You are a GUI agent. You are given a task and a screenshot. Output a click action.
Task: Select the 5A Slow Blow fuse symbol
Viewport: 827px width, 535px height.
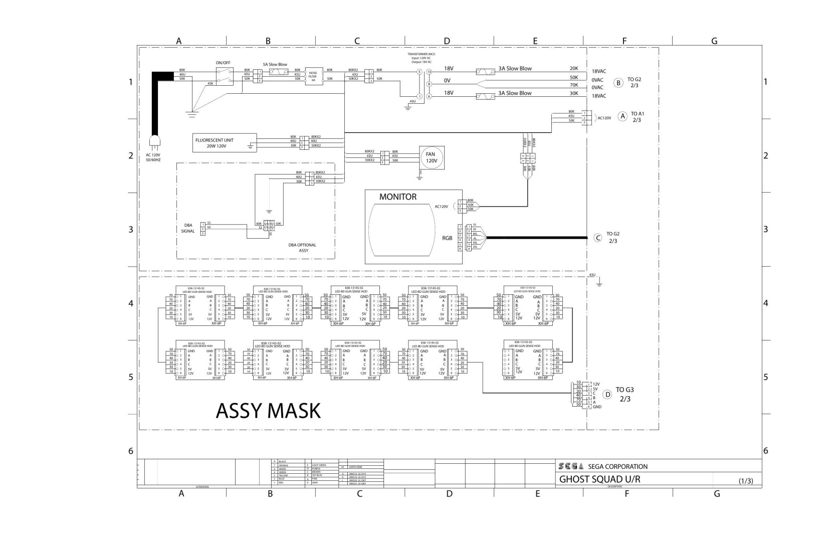pyautogui.click(x=277, y=73)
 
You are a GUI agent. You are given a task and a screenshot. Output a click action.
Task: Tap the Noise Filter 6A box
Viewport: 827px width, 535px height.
pyautogui.click(x=313, y=76)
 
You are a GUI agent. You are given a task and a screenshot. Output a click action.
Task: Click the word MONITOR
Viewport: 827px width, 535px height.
pyautogui.click(x=397, y=197)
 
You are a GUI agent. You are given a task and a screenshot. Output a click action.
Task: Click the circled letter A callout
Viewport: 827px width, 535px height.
pyautogui.click(x=623, y=116)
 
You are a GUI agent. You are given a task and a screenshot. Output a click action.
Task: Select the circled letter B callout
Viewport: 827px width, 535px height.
pyautogui.click(x=619, y=83)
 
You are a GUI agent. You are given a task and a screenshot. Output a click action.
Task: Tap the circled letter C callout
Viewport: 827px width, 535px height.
pyautogui.click(x=597, y=238)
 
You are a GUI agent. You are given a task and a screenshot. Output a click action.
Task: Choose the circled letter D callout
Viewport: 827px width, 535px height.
pyautogui.click(x=607, y=394)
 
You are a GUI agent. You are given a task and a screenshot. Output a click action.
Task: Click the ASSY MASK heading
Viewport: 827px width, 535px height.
pyautogui.click(x=268, y=411)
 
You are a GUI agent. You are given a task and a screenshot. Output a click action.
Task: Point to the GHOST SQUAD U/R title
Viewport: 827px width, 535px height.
pyautogui.click(x=599, y=479)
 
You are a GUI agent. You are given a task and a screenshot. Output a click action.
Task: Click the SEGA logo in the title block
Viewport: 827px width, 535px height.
pyautogui.click(x=571, y=466)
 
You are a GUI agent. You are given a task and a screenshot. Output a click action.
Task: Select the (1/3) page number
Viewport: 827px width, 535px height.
pyautogui.click(x=746, y=481)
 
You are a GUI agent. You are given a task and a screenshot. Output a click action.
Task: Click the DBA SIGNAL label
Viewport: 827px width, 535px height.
pyautogui.click(x=187, y=228)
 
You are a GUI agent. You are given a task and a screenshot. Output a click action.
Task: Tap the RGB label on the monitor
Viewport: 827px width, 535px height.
pyautogui.click(x=448, y=238)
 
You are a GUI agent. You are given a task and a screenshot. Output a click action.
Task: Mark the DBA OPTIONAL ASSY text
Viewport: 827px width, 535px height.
pyautogui.click(x=302, y=248)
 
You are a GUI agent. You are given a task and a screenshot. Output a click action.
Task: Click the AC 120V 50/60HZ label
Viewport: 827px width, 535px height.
pyautogui.click(x=153, y=157)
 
